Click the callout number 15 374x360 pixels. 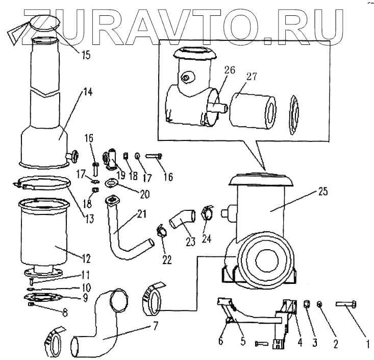(85, 54)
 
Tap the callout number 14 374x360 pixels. (88, 92)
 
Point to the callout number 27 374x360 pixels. (252, 77)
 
